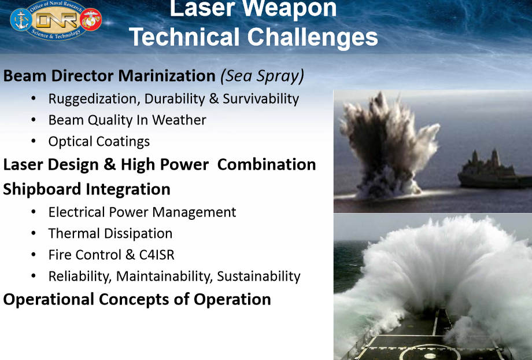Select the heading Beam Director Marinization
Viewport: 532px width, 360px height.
(x=109, y=76)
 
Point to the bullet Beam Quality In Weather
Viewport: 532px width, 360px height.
(x=127, y=120)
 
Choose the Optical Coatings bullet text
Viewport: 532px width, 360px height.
(x=99, y=142)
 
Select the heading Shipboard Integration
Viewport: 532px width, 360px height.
(x=87, y=189)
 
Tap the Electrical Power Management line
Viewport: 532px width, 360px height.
(x=142, y=212)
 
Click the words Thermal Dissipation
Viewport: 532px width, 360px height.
(x=110, y=234)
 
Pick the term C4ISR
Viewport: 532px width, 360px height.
(x=153, y=255)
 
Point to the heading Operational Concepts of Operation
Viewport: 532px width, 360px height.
(x=137, y=299)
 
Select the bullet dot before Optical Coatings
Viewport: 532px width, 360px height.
(x=35, y=142)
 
